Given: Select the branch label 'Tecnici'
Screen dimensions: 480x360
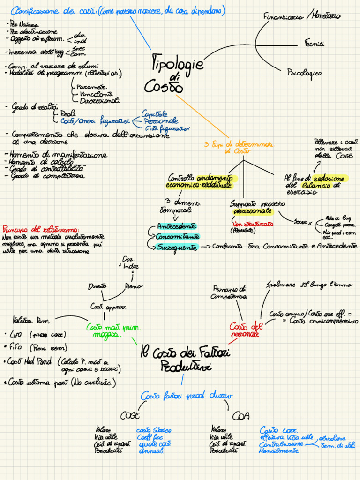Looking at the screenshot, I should point(314,45).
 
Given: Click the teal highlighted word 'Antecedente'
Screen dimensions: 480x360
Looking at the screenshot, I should point(177,225).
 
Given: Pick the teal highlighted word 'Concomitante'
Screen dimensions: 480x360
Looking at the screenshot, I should point(178,236).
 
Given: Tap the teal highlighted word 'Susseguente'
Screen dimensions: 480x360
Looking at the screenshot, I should point(177,247).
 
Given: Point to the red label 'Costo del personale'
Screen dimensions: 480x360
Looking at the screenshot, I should point(244,330).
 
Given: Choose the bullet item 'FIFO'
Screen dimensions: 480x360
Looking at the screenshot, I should point(18,348).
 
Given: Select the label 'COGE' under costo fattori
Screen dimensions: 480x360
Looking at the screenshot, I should point(130,415).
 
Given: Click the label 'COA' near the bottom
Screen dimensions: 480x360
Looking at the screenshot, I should point(240,416).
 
